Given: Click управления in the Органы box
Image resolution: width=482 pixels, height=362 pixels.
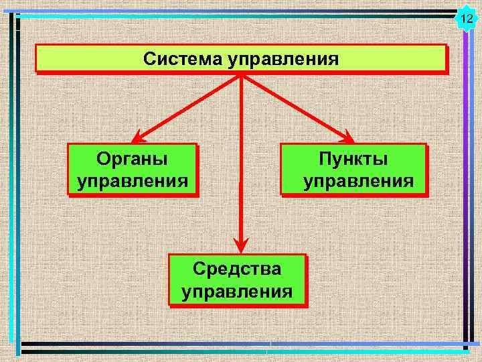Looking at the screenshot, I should [x=132, y=181].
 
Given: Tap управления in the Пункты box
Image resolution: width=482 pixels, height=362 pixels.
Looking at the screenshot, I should [x=358, y=181].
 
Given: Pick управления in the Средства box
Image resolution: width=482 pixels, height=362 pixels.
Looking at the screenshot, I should [x=237, y=292].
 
